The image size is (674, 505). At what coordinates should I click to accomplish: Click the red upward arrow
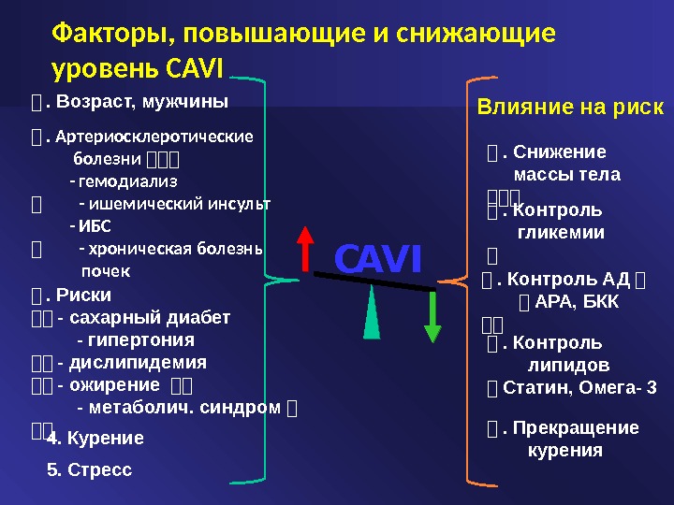304,251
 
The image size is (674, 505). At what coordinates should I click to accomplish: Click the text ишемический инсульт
175,203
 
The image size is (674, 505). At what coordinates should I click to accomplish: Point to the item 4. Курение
95,438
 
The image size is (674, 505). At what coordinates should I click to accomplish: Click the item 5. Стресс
90,469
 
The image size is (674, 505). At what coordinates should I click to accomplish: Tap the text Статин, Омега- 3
579,387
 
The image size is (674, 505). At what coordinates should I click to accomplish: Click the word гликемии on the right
561,233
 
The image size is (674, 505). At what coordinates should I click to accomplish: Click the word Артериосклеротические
154,137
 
